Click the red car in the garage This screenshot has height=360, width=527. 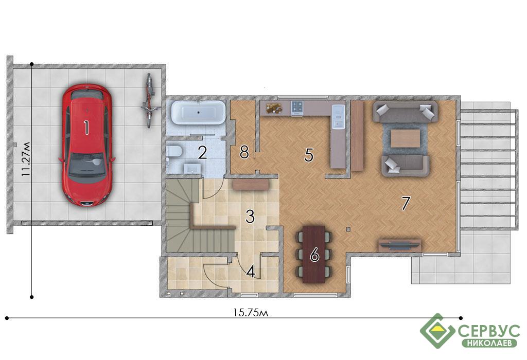pyautogui.click(x=86, y=145)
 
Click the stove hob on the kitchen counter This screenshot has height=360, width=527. pyautogui.click(x=297, y=107)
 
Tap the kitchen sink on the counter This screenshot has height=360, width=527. pyautogui.click(x=338, y=116)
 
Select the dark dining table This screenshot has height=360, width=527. pyautogui.click(x=314, y=254)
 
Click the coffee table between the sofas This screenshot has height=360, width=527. pyautogui.click(x=406, y=138)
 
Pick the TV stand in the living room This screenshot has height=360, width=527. pyautogui.click(x=400, y=245)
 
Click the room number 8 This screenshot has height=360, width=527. pyautogui.click(x=244, y=152)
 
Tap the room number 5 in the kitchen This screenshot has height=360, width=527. pyautogui.click(x=309, y=155)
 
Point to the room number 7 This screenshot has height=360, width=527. pyautogui.click(x=406, y=203)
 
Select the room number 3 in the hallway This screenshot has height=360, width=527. pyautogui.click(x=250, y=217)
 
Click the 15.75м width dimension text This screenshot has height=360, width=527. pyautogui.click(x=251, y=313)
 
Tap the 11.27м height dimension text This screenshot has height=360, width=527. pyautogui.click(x=26, y=159)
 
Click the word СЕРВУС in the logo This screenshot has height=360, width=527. pyautogui.click(x=489, y=331)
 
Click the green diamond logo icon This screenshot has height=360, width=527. pyautogui.click(x=437, y=331)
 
